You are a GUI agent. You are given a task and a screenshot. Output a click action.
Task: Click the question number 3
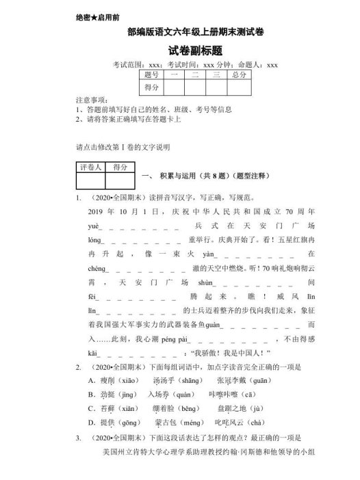click(x=79, y=438)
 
